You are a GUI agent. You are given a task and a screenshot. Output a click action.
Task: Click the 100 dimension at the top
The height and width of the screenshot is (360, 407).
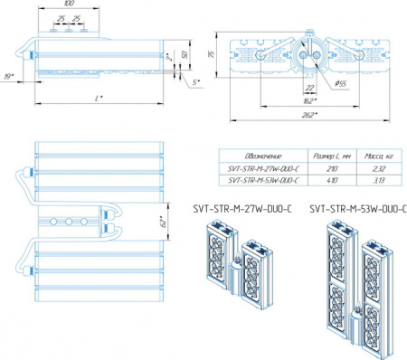pos(69,5)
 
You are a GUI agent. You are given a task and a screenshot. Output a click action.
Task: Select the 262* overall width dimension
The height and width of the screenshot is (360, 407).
pos(310,115)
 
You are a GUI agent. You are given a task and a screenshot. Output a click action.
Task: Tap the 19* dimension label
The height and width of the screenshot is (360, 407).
pos(9,79)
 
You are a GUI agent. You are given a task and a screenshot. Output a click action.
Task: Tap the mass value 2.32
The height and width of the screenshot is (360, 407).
pos(379,168)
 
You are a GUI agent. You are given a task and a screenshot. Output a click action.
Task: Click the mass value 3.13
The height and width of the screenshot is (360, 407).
pos(379,179)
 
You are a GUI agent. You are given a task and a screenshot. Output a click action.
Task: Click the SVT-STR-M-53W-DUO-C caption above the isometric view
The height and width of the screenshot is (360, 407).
pos(356,208)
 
